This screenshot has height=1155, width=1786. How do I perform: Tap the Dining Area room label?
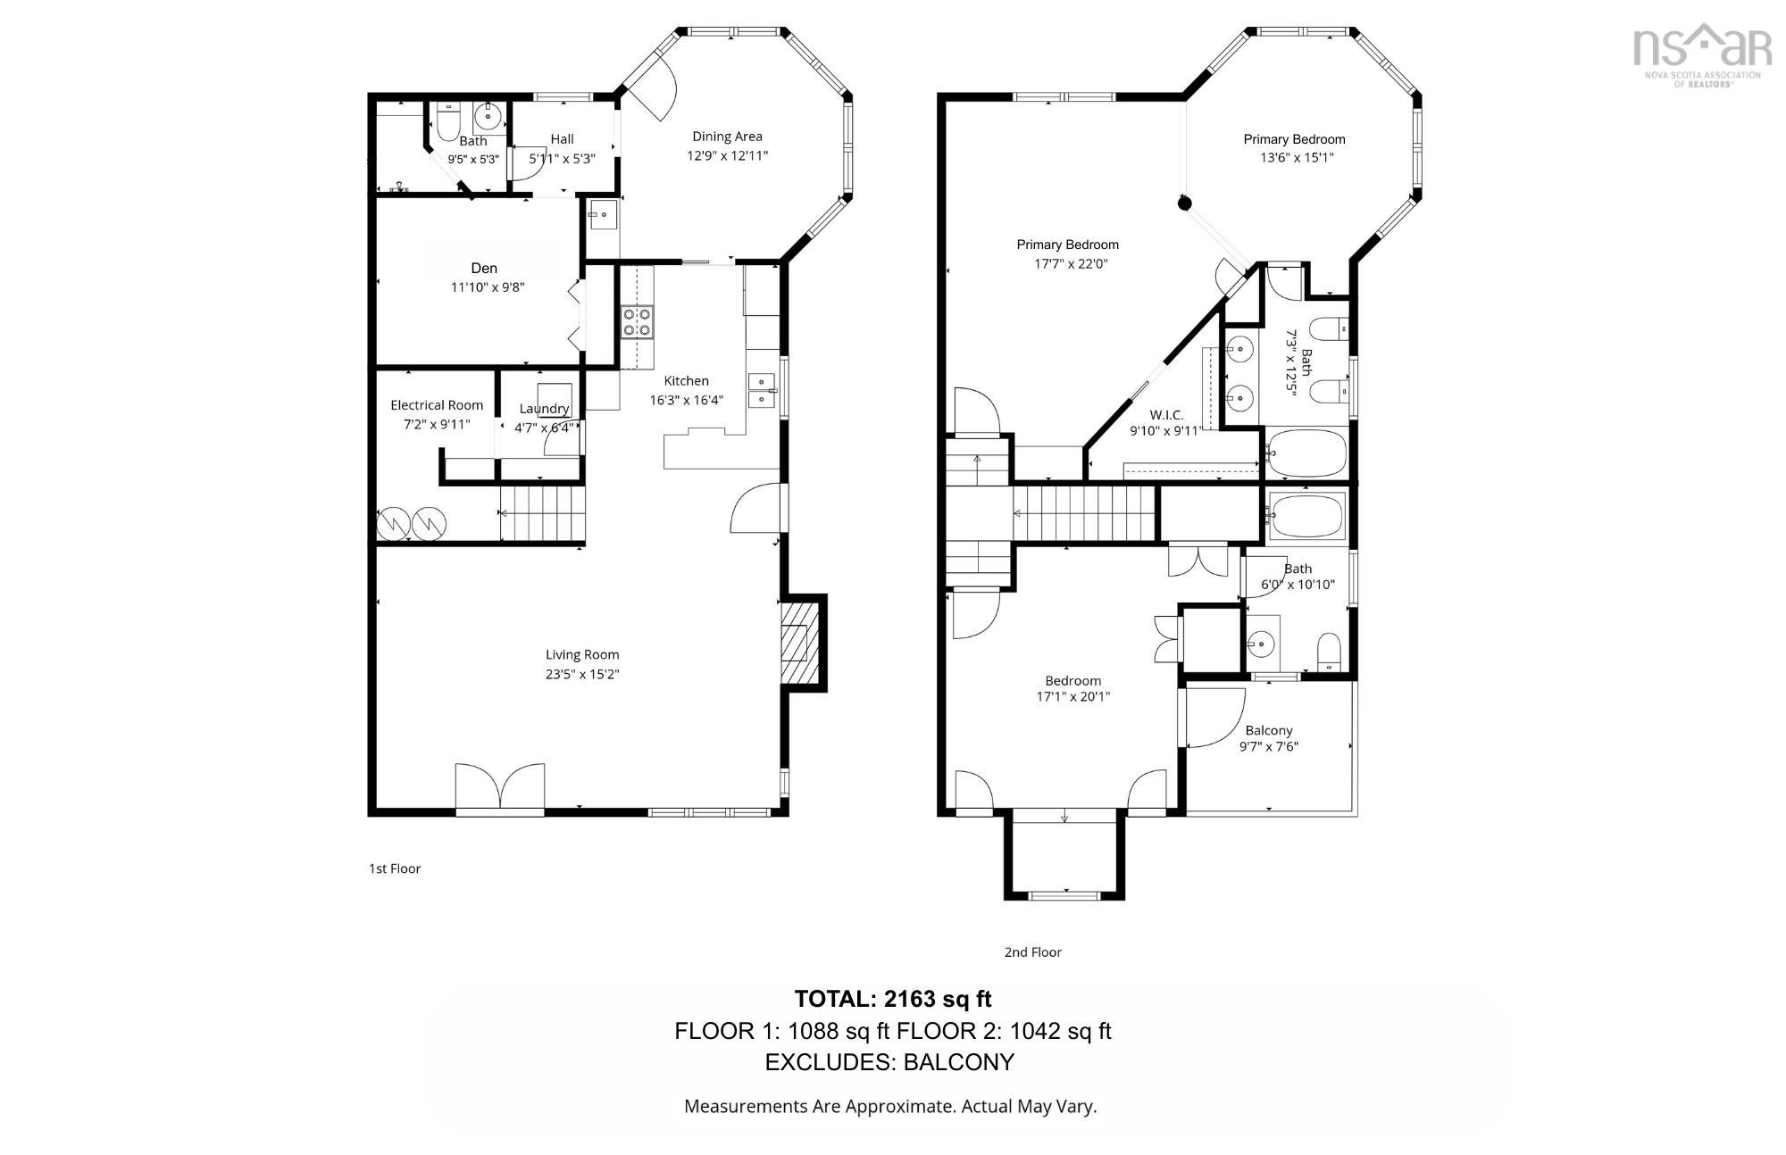pos(727,137)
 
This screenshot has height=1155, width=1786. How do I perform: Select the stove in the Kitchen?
pos(637,321)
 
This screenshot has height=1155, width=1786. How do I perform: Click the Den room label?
pos(484,268)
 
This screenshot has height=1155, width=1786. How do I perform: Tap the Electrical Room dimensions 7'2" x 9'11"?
pos(437,424)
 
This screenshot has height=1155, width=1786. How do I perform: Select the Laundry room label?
pos(544,409)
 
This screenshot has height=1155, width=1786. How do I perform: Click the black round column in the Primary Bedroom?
pos(1184,204)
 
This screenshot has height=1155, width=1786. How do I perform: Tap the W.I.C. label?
pos(1166,415)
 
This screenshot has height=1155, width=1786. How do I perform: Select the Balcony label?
pos(1269,730)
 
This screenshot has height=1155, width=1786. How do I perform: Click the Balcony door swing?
pos(1214,719)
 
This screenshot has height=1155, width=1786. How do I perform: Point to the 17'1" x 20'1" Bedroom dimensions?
pos(1072,697)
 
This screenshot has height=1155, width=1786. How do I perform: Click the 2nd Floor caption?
pos(1032,952)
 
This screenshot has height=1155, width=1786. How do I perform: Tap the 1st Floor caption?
pos(395,868)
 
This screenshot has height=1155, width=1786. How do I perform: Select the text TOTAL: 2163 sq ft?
pos(892,999)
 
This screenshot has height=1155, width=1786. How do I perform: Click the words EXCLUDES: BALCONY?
pos(889,1062)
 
